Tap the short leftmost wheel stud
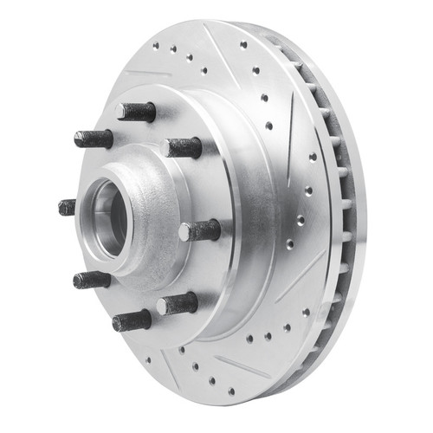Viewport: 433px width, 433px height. pos(68,207)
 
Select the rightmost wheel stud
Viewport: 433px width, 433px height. pos(201,230)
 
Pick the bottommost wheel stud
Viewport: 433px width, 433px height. pos(132,320)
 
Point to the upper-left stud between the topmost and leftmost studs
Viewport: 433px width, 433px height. pos(93,138)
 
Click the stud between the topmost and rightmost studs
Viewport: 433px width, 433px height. pos(184,147)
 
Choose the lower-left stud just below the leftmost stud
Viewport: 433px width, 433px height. pos(91,280)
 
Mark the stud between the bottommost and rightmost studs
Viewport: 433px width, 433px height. pos(178,303)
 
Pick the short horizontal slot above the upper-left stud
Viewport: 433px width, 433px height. pos(147,73)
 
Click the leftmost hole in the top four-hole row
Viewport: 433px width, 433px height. pos(155,45)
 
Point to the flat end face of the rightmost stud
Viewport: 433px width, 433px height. pos(184,232)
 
